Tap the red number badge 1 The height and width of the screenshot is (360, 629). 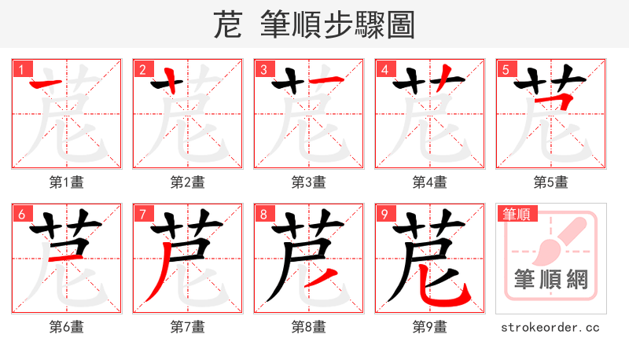[20, 69]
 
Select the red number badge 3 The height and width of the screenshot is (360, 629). [263, 69]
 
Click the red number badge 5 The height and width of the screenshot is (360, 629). [505, 69]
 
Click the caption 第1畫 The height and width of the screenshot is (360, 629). [67, 182]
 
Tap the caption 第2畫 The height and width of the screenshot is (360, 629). [188, 182]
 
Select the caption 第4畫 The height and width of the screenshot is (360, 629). [430, 182]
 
